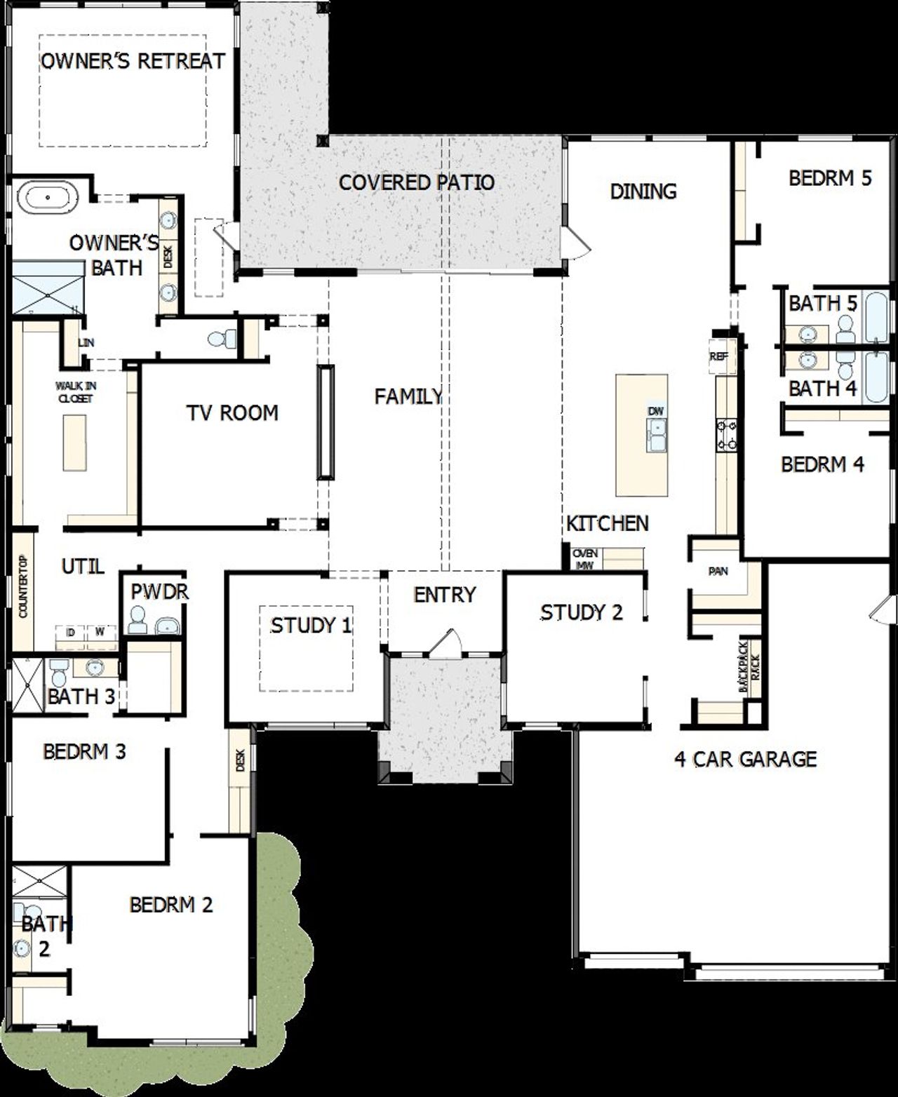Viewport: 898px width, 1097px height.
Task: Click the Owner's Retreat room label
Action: coord(133,61)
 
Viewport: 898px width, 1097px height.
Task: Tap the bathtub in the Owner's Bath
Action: coord(48,198)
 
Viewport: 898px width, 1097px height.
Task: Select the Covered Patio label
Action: coord(417,182)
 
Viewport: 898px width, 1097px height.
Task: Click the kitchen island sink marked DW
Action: coord(657,429)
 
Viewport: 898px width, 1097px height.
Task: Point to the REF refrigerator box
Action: coord(719,356)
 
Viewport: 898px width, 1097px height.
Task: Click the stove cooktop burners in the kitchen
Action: coord(725,434)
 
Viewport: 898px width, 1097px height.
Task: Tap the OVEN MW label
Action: coord(584,559)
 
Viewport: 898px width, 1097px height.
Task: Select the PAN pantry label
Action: coord(718,572)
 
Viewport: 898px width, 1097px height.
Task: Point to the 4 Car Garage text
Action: coord(745,759)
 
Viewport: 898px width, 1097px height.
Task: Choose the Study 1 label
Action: coord(311,625)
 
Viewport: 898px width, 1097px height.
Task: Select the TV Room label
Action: coord(232,412)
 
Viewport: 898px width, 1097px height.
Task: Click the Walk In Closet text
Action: coord(76,392)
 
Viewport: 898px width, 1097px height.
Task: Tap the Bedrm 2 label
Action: coord(171,905)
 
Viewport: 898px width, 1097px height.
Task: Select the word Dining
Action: coord(643,191)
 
